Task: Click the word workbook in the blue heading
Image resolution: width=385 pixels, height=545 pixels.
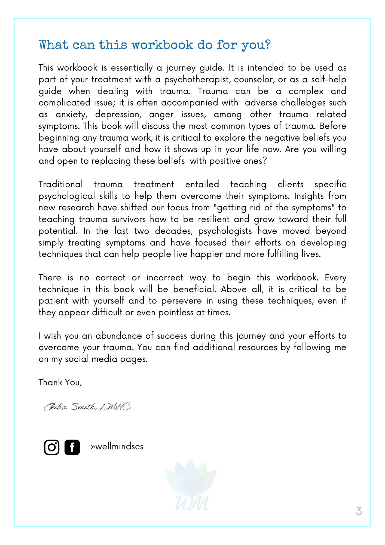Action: [162, 45]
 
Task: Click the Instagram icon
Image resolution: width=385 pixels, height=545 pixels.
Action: [52, 447]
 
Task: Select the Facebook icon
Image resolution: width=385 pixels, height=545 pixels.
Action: [72, 447]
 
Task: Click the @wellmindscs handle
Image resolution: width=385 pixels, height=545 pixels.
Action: [117, 447]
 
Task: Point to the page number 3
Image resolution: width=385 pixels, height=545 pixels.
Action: [359, 511]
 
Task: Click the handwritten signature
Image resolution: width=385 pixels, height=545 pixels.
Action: [87, 407]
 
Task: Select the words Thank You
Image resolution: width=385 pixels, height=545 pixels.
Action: [60, 382]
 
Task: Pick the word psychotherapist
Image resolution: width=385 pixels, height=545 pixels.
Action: [196, 80]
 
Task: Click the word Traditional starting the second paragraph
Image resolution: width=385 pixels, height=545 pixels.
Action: [60, 184]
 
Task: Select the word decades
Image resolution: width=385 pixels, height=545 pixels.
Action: [174, 231]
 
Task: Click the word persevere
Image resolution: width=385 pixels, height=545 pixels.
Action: [181, 301]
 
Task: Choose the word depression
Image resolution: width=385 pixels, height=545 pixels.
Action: [118, 114]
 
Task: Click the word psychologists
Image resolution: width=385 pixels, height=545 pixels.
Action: [225, 231]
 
